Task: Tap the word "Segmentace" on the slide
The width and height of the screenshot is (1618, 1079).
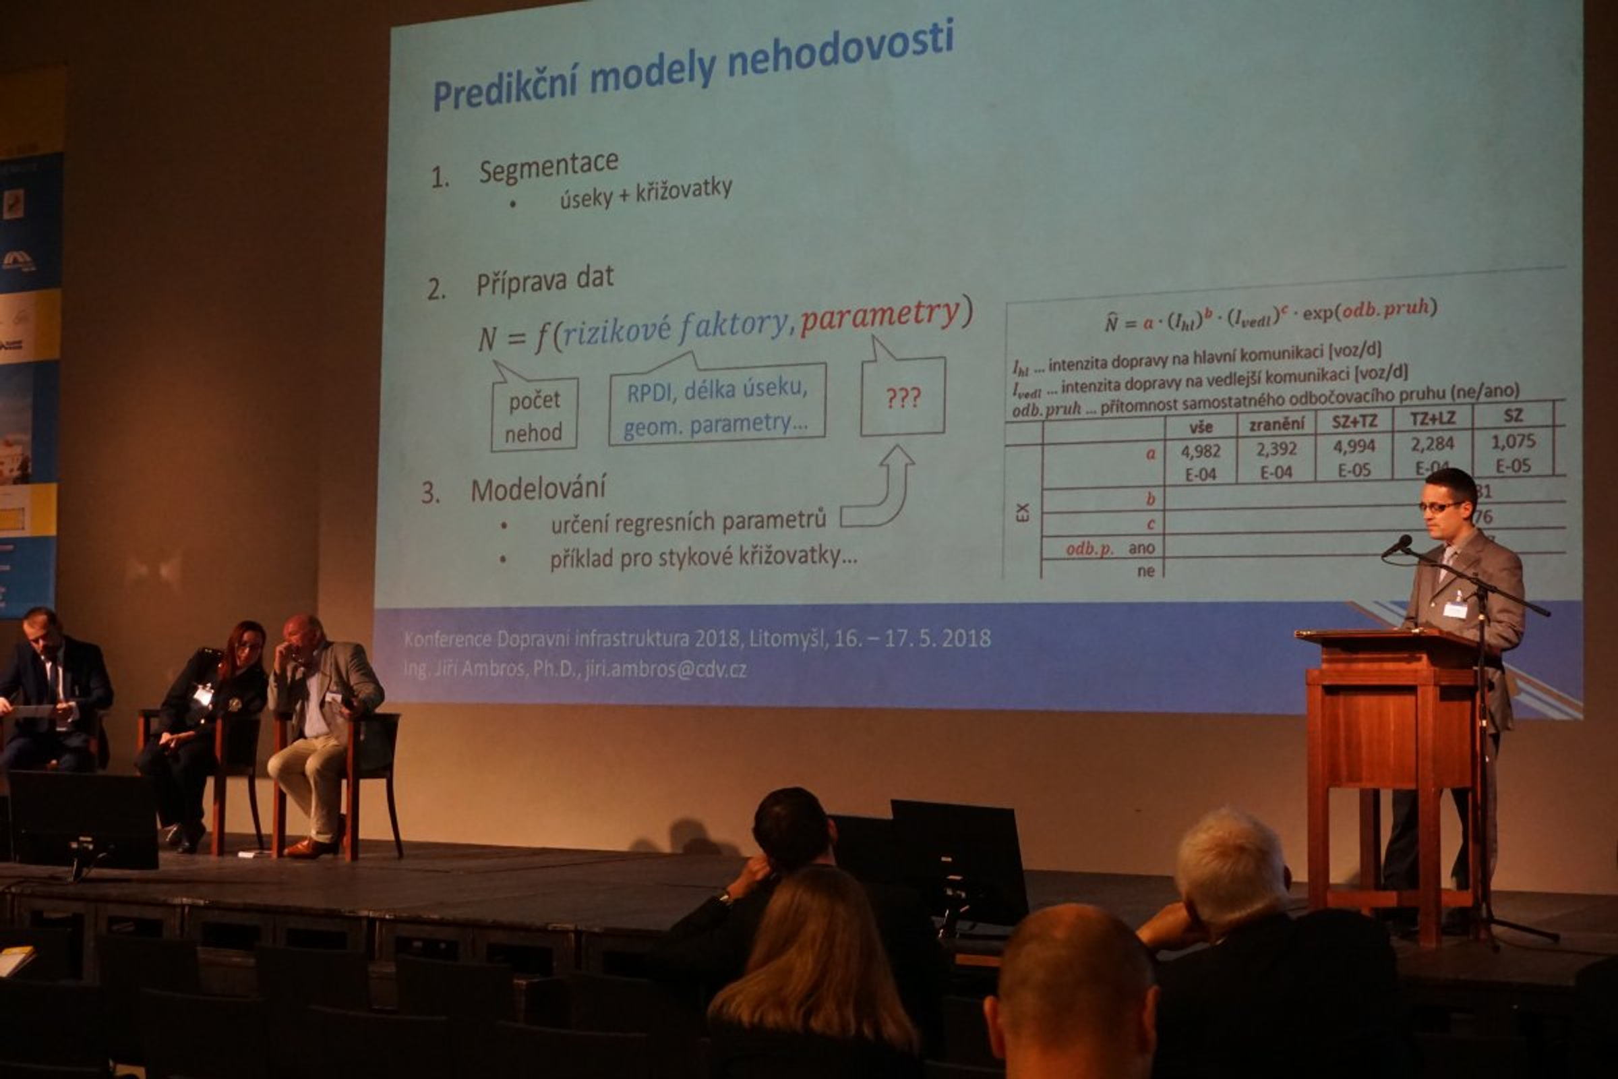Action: click(548, 167)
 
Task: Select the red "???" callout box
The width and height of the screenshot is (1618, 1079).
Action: click(903, 397)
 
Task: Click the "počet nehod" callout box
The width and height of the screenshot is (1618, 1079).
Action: click(534, 415)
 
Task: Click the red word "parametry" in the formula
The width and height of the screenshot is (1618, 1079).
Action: click(879, 316)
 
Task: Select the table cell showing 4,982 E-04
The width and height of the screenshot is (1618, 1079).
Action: click(1201, 462)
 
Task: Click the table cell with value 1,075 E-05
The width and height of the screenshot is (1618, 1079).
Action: click(1513, 453)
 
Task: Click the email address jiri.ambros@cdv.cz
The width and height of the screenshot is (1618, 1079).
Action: click(665, 670)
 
